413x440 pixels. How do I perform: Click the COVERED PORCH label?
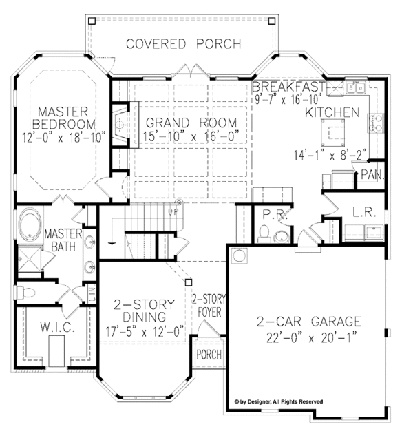pos(183,44)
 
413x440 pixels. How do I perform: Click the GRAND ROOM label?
pos(191,123)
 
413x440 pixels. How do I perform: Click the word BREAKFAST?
pos(288,87)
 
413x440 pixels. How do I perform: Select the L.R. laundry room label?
pos(365,213)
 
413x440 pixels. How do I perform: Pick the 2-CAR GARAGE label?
pos(309,320)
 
